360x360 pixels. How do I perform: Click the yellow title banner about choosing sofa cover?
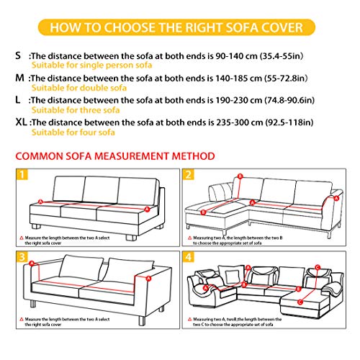click(x=179, y=28)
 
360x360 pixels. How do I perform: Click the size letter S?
click(x=17, y=55)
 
